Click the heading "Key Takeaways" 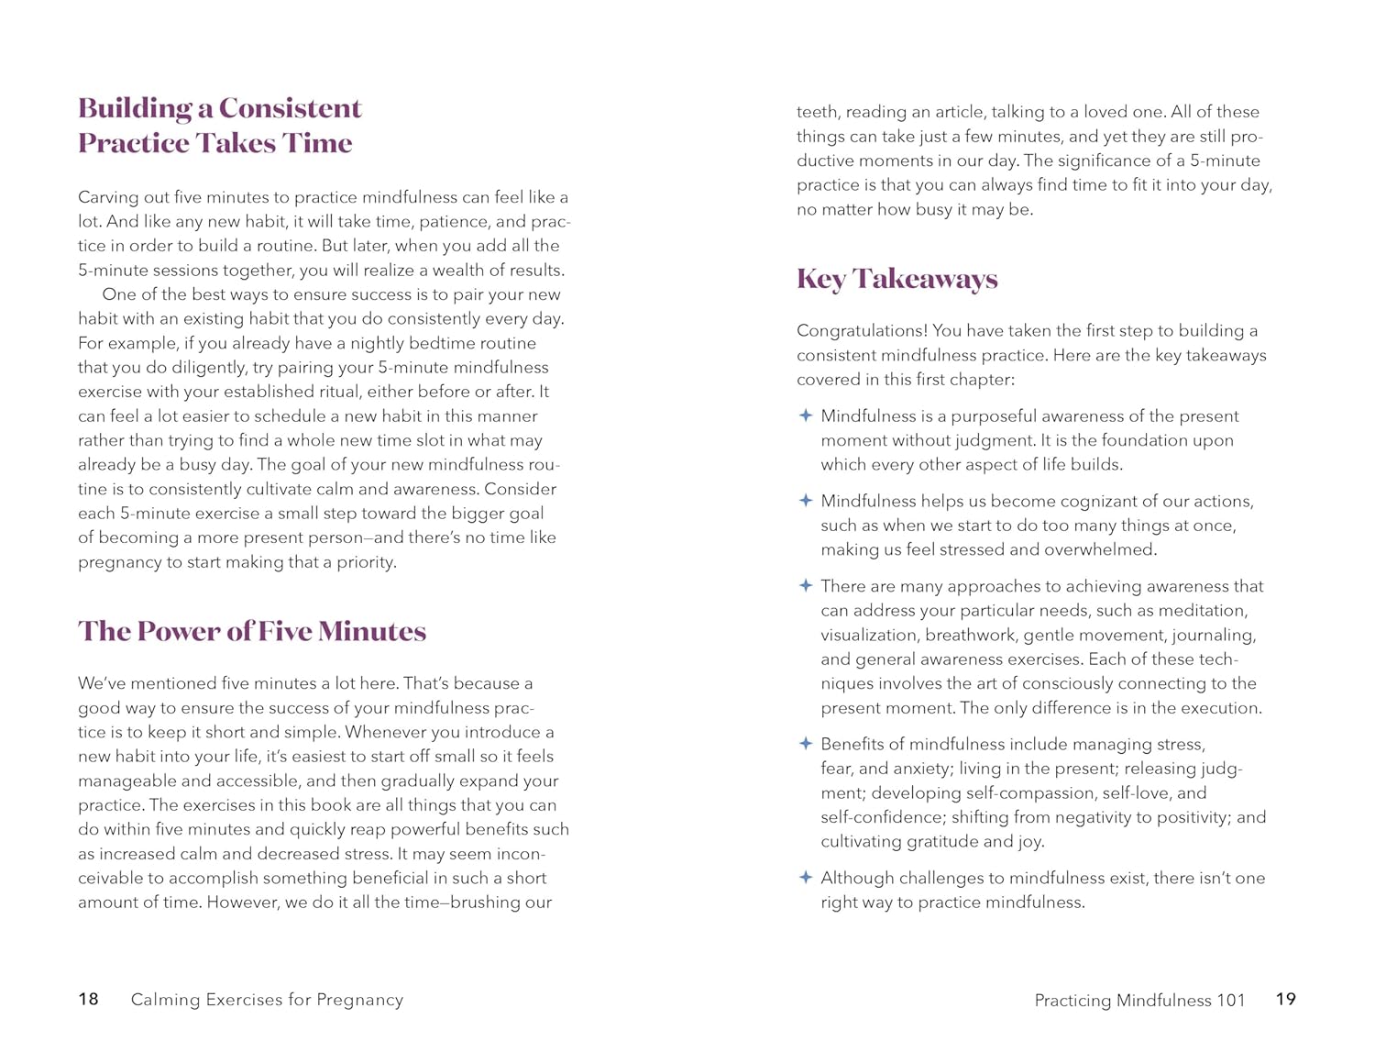(x=896, y=279)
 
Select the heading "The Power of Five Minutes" (x=252, y=631)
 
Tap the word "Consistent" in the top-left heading (x=290, y=108)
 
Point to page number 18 (x=88, y=999)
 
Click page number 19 (x=1285, y=999)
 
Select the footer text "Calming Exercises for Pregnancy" (x=267, y=1000)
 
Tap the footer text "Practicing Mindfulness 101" (x=1139, y=1001)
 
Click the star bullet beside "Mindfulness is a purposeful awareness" (x=806, y=415)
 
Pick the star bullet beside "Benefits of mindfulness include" (x=806, y=743)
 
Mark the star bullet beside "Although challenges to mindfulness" (x=806, y=877)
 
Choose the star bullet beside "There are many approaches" (x=806, y=585)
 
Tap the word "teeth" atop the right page (x=817, y=112)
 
